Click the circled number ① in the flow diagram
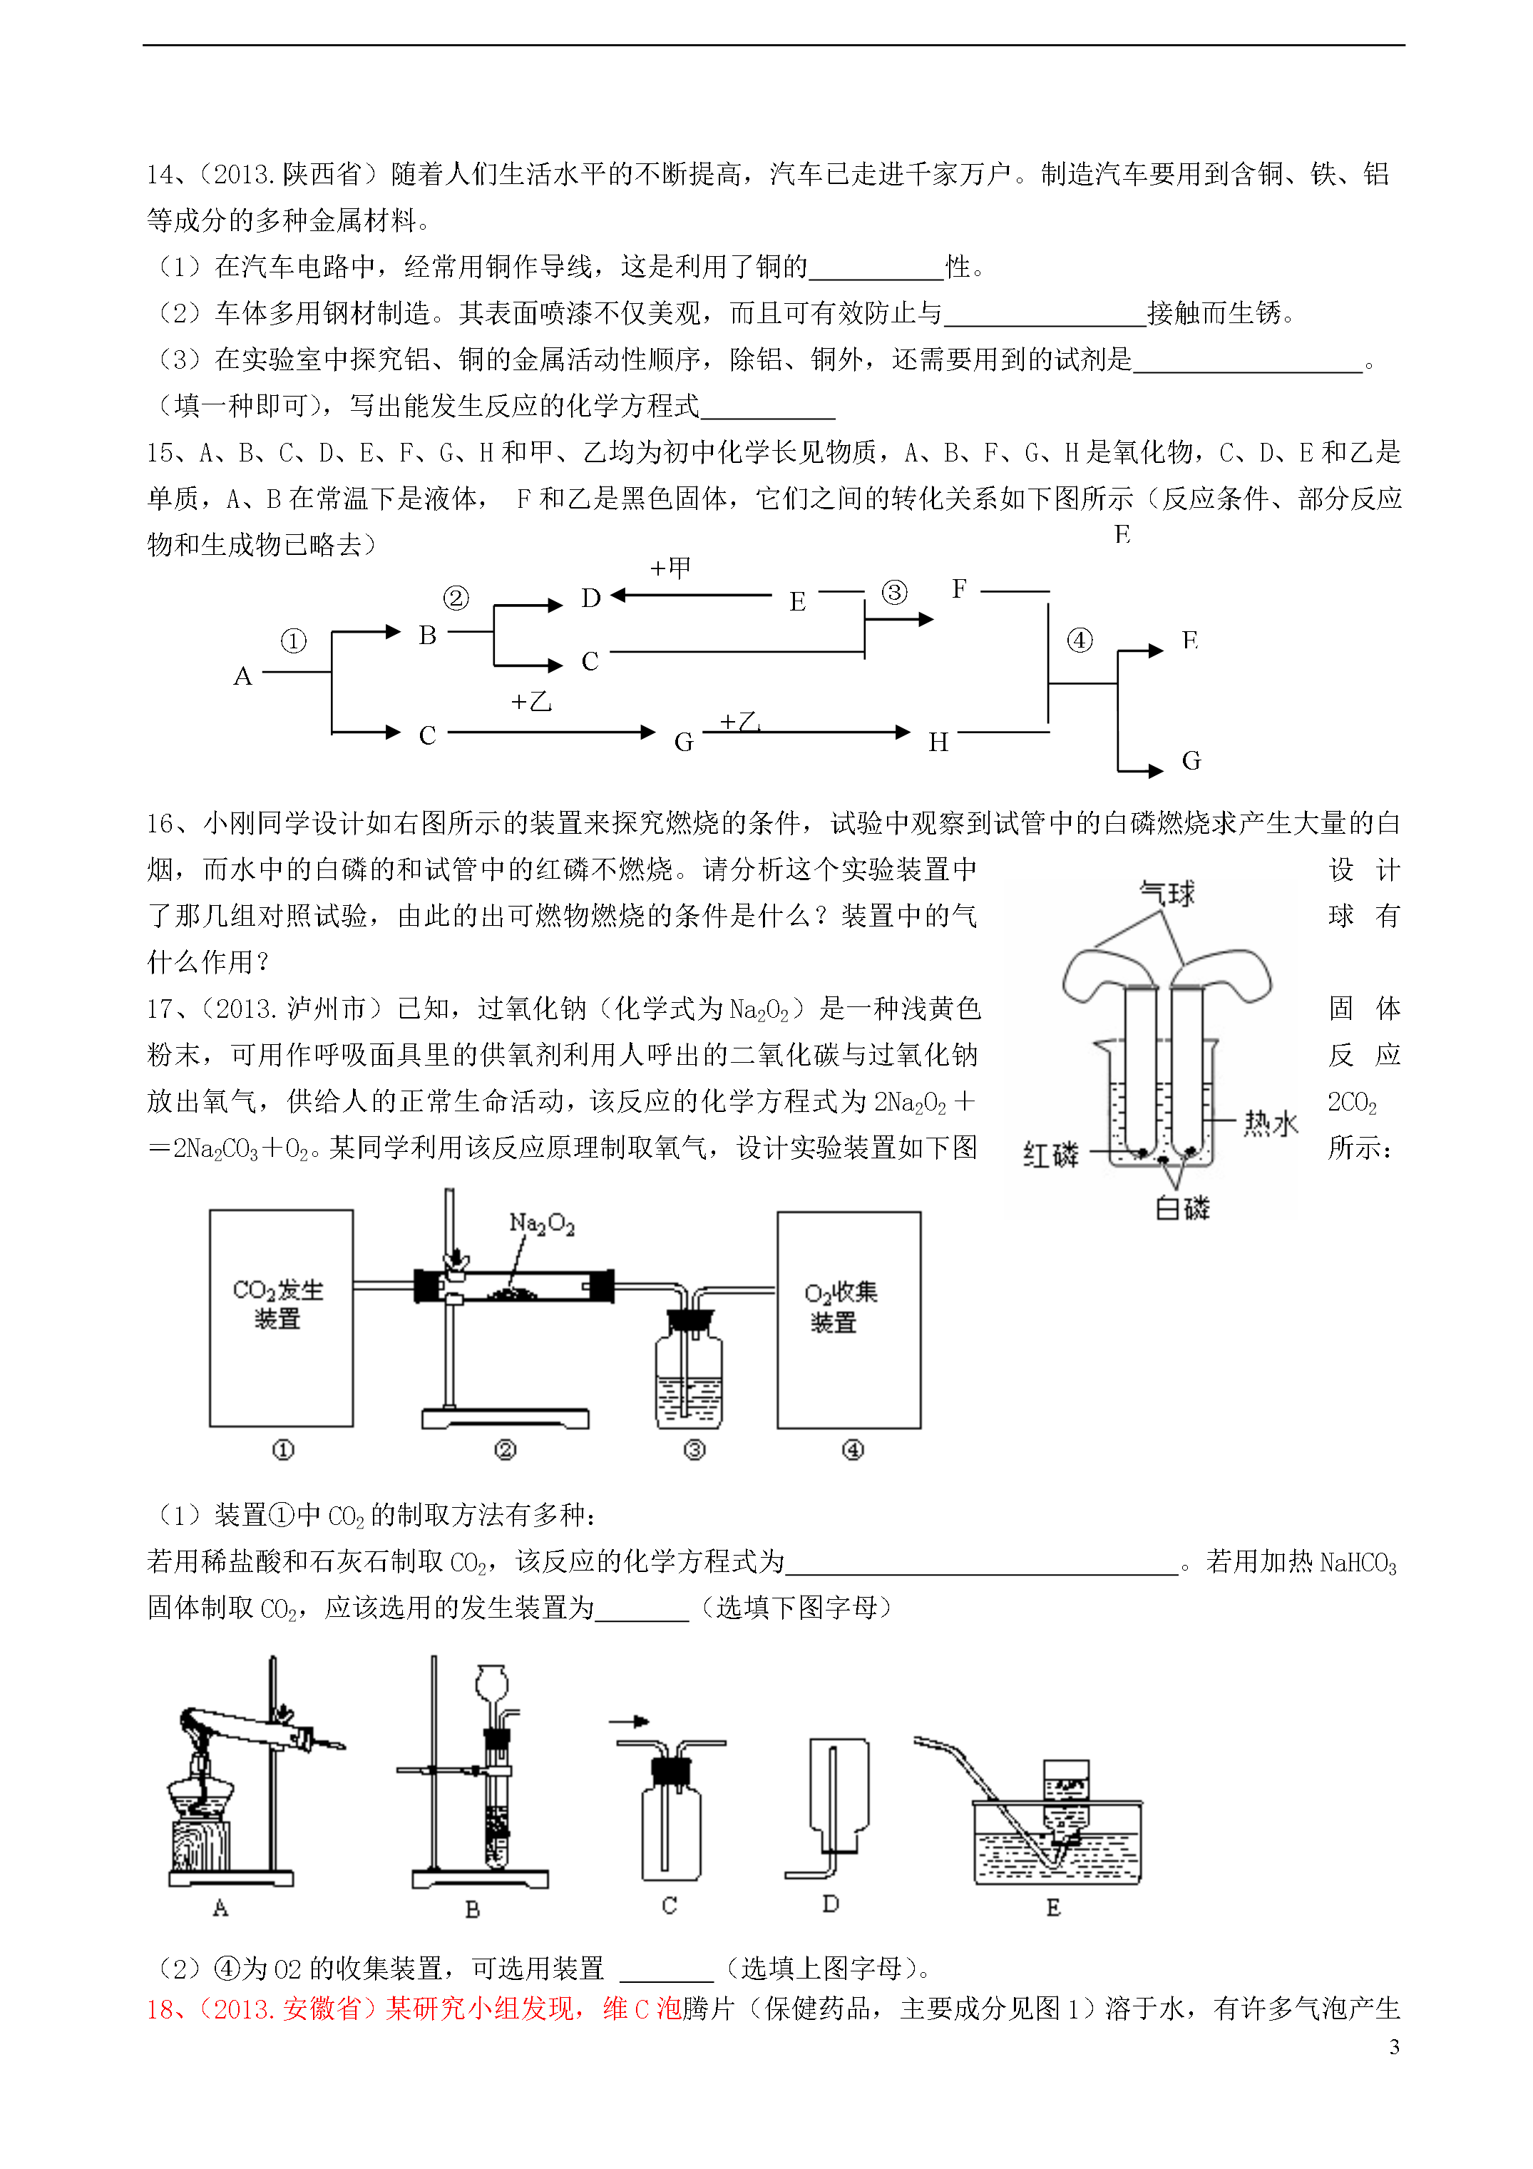point(294,641)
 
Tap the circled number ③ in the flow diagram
point(893,592)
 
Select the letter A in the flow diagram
point(242,676)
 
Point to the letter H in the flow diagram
point(938,742)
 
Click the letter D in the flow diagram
point(591,598)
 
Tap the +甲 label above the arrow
point(671,568)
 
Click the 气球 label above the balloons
point(1167,893)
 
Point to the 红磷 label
point(1050,1153)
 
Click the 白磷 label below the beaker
point(1183,1208)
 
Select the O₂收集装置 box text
point(841,1307)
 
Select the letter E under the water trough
point(1053,1907)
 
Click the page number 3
point(1394,2046)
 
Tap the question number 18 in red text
point(160,2009)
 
